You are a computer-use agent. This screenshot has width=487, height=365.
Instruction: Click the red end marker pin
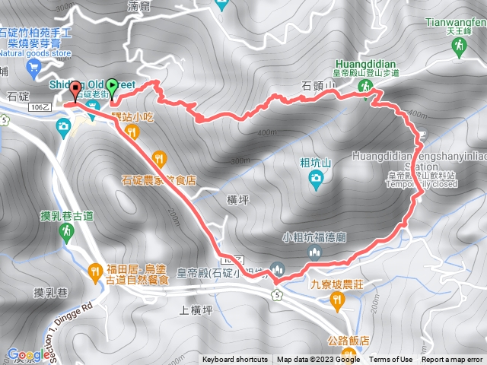tap(75, 89)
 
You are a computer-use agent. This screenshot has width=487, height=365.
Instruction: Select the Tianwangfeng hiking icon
tap(458, 47)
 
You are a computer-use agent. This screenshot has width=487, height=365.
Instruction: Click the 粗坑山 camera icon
tap(315, 179)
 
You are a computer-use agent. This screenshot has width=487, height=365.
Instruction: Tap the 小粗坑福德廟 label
tap(314, 235)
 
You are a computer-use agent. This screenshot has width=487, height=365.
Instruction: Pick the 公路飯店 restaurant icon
tap(349, 352)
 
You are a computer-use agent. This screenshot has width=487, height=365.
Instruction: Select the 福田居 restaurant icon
tap(94, 268)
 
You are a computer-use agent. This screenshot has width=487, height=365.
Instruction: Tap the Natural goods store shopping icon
tap(33, 68)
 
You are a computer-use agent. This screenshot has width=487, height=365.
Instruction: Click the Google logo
tap(28, 354)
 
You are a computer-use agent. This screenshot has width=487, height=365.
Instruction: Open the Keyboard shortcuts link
tap(234, 360)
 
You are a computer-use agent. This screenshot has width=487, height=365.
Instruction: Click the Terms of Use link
tap(391, 360)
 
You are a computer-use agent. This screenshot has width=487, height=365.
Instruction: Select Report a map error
tap(453, 360)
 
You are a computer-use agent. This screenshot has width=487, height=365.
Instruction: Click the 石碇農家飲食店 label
tap(159, 181)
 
